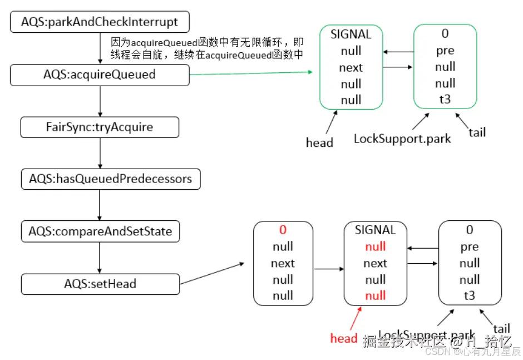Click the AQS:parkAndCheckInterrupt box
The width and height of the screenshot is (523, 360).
click(x=100, y=23)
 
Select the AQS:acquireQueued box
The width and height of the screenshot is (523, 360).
click(x=100, y=75)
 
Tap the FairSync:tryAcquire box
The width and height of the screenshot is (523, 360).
click(x=100, y=127)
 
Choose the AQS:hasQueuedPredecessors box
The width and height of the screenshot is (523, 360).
click(x=110, y=179)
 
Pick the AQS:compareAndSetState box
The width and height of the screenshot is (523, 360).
click(x=100, y=231)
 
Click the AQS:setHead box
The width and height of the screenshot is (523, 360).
click(x=100, y=284)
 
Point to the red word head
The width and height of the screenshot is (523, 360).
click(x=343, y=338)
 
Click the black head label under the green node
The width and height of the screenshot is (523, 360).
click(x=319, y=142)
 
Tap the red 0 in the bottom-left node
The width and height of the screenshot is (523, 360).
click(x=283, y=230)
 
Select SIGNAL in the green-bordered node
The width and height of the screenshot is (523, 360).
click(x=351, y=34)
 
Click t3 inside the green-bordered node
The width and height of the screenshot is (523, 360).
click(x=445, y=100)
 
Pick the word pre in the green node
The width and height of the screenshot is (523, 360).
click(x=445, y=51)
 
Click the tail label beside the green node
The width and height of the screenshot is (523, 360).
click(x=477, y=132)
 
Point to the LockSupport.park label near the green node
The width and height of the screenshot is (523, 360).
click(x=402, y=138)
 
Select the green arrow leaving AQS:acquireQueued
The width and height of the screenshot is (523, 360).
click(x=250, y=73)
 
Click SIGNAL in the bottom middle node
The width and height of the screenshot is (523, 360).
click(x=375, y=230)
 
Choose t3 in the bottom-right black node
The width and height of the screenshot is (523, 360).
click(x=470, y=296)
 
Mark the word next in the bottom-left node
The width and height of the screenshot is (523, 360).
click(x=283, y=263)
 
